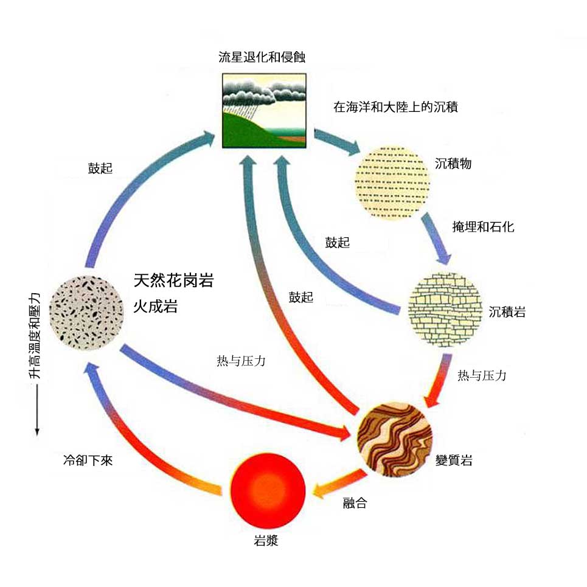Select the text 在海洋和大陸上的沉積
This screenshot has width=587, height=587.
(395, 108)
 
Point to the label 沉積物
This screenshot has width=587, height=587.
(453, 164)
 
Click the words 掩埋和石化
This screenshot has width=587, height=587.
(483, 227)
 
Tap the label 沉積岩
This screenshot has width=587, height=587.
(507, 313)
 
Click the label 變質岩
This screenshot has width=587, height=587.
(454, 460)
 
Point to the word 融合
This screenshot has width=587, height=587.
(355, 503)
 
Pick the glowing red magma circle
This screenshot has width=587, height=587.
(268, 491)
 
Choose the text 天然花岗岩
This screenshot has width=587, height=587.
(173, 280)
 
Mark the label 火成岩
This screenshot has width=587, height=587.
(155, 307)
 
